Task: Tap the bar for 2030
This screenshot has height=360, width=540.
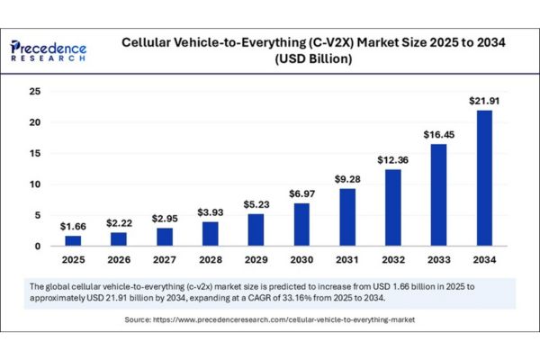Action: (301, 224)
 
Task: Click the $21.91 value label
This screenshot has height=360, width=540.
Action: (483, 102)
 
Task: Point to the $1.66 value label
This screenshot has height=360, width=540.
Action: (72, 226)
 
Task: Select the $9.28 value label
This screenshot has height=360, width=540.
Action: (346, 179)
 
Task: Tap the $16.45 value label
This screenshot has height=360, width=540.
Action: (437, 135)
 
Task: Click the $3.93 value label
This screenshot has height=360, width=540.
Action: (210, 212)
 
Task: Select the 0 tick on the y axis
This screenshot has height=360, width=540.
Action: (37, 246)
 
